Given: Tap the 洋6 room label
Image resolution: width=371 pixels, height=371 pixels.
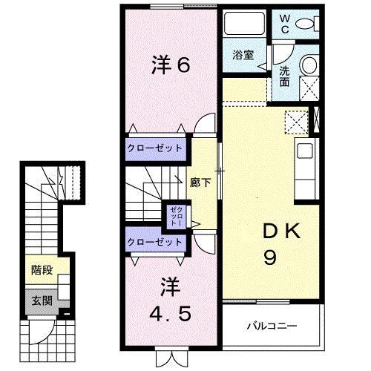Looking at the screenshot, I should point(171,66).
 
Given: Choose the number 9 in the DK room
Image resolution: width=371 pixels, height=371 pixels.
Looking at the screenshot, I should point(270,260).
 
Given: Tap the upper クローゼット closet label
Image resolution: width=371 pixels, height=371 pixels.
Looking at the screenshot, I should point(154,148).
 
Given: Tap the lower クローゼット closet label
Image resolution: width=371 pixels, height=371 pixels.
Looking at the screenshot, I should point(154,243).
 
